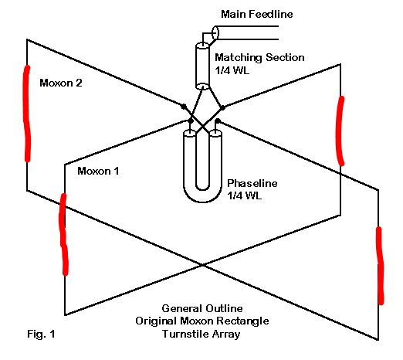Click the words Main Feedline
[257, 14]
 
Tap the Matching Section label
[259, 57]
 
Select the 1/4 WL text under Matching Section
[232, 70]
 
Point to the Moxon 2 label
[61, 83]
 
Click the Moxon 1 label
[98, 171]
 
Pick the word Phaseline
[252, 183]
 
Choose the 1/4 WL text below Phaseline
[244, 195]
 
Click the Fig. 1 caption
[41, 334]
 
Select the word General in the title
[181, 308]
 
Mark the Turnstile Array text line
[201, 334]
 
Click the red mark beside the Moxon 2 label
[27, 114]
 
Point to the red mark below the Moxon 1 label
[63, 234]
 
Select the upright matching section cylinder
[202, 66]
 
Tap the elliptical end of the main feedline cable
[215, 32]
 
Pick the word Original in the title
[157, 321]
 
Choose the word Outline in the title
[224, 308]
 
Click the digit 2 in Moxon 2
[79, 83]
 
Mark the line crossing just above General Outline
[202, 265]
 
